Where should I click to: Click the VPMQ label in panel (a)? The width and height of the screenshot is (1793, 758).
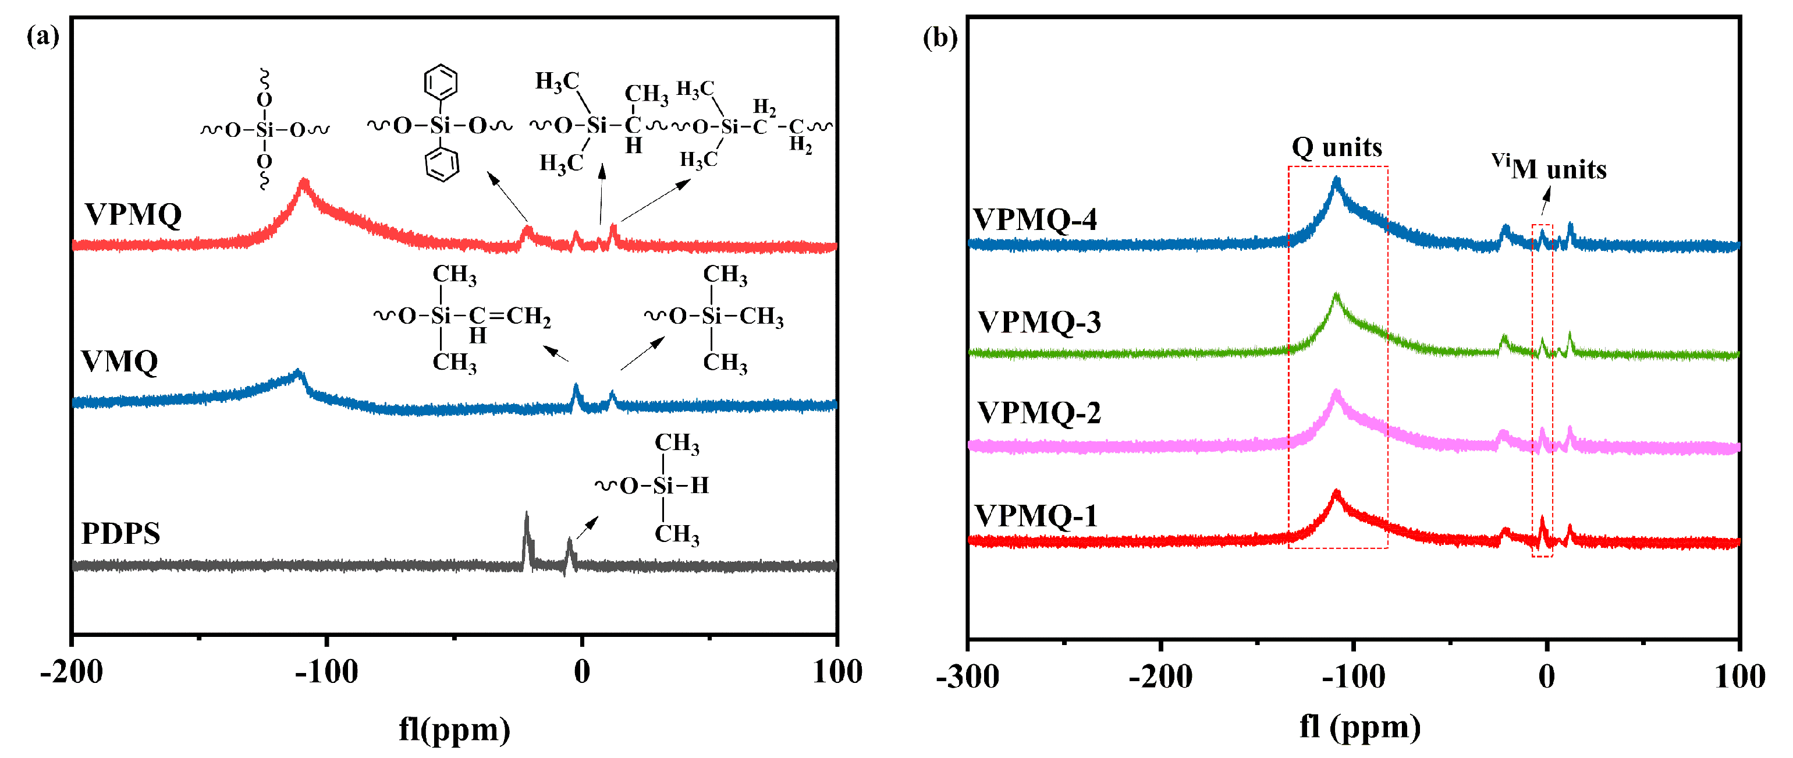click(x=133, y=214)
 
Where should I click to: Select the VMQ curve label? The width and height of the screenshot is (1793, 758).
click(x=120, y=362)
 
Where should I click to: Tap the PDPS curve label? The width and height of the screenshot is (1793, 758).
click(x=120, y=533)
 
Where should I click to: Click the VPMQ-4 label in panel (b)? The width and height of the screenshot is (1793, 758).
click(x=1034, y=219)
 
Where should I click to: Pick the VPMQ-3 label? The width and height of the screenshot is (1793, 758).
click(x=1039, y=321)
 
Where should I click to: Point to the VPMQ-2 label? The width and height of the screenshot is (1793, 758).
click(x=1039, y=413)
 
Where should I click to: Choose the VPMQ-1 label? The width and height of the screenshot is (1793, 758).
click(x=1036, y=516)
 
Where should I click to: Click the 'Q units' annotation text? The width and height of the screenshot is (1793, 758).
click(x=1336, y=147)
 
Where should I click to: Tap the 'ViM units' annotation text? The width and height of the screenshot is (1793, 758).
click(x=1548, y=168)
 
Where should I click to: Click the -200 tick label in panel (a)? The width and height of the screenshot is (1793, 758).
click(x=72, y=672)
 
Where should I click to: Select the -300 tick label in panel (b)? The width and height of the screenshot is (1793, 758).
click(x=967, y=676)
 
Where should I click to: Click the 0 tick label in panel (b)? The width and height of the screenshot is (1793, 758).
click(x=1547, y=676)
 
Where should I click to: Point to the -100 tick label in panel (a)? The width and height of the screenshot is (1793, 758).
click(x=326, y=672)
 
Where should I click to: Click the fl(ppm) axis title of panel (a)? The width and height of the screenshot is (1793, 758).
click(x=455, y=729)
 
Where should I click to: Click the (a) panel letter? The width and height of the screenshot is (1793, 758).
click(x=43, y=35)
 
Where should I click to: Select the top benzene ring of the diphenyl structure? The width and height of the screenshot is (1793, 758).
click(x=441, y=83)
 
